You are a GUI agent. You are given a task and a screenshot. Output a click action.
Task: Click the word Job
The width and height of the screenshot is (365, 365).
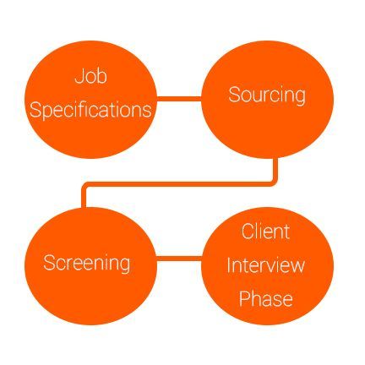(91, 76)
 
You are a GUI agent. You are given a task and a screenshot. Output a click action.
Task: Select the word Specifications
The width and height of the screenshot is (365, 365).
(90, 110)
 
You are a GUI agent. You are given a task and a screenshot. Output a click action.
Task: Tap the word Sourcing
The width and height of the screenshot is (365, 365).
(267, 95)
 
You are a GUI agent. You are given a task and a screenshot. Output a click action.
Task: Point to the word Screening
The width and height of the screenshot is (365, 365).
(87, 263)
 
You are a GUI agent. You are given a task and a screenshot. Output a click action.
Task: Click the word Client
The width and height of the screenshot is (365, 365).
(265, 232)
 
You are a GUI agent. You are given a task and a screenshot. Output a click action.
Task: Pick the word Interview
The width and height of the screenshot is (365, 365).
(266, 265)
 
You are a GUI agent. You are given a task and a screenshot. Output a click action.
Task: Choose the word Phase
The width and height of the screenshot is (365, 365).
(266, 298)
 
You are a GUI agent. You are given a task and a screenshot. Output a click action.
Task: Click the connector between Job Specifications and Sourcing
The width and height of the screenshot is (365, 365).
(179, 98)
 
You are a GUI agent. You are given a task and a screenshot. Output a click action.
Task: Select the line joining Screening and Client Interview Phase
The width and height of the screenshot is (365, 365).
(179, 259)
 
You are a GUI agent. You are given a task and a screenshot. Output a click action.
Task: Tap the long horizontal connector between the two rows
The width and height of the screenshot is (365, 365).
(179, 184)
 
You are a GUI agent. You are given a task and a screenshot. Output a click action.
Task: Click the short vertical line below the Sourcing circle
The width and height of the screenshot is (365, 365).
(275, 170)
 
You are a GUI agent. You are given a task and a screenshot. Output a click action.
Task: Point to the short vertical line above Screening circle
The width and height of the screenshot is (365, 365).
(84, 197)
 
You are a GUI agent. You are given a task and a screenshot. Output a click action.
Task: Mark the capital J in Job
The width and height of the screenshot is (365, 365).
(79, 76)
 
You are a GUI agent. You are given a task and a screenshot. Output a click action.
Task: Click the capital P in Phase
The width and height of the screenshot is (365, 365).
(244, 298)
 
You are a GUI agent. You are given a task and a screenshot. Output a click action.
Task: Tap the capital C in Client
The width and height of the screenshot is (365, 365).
(248, 232)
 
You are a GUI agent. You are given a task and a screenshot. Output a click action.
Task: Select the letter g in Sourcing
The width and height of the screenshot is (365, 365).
(299, 98)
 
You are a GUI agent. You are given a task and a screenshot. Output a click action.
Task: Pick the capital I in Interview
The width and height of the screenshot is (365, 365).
(229, 265)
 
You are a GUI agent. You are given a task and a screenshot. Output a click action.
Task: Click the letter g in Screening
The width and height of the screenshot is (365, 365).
(124, 265)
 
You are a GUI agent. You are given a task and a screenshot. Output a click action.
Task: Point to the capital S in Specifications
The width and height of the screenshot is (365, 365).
(35, 109)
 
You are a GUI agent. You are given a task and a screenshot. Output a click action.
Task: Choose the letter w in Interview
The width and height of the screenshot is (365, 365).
(297, 267)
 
